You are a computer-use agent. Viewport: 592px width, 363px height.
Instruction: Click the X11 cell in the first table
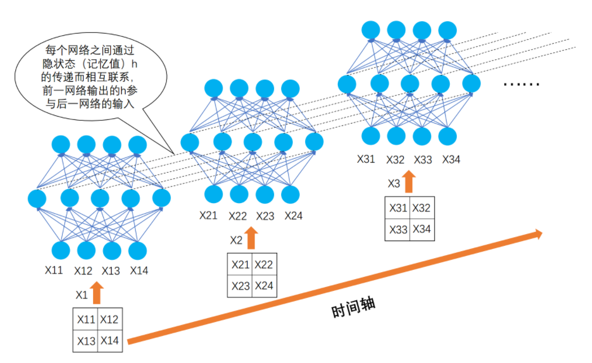pos(85,320)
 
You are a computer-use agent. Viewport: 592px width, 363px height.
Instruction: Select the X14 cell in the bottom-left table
pos(109,340)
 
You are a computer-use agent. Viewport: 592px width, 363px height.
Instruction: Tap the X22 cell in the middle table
pos(264,265)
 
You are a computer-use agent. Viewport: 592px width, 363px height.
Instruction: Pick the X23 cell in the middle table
pos(240,286)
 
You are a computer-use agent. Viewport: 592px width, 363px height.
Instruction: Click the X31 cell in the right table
pos(398,208)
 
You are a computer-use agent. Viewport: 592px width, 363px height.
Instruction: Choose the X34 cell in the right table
pos(422,229)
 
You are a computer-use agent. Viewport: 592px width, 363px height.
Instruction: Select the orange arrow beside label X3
pos(409,182)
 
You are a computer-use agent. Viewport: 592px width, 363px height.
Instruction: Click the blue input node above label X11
pos(60,251)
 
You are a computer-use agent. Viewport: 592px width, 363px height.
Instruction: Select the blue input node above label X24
pos(290,194)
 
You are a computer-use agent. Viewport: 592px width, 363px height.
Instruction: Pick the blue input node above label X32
pos(396,136)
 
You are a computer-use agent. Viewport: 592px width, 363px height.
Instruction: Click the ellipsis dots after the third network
pos(521,85)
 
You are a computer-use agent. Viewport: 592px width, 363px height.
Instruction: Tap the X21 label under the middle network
pos(209,215)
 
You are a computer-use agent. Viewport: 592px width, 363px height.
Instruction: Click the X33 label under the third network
pos(423,159)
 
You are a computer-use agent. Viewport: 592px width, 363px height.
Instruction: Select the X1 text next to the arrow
pos(82,294)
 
